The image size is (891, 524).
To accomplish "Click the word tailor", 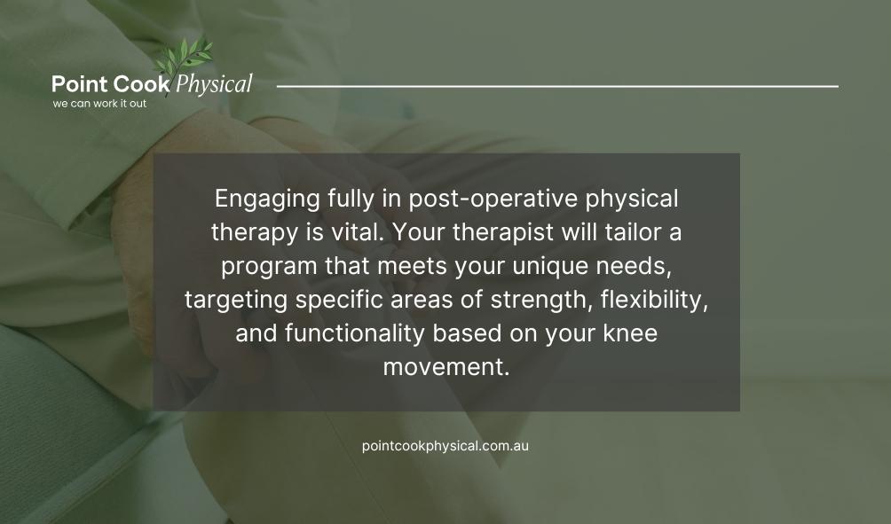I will coord(632,232).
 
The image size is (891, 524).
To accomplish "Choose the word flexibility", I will coord(653,299).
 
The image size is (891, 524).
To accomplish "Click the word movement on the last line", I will coord(445,366).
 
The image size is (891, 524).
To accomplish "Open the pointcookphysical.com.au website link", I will coord(445,445).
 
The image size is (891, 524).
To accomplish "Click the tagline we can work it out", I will coord(99,104).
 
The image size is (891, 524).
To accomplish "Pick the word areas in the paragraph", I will coord(426,299).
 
